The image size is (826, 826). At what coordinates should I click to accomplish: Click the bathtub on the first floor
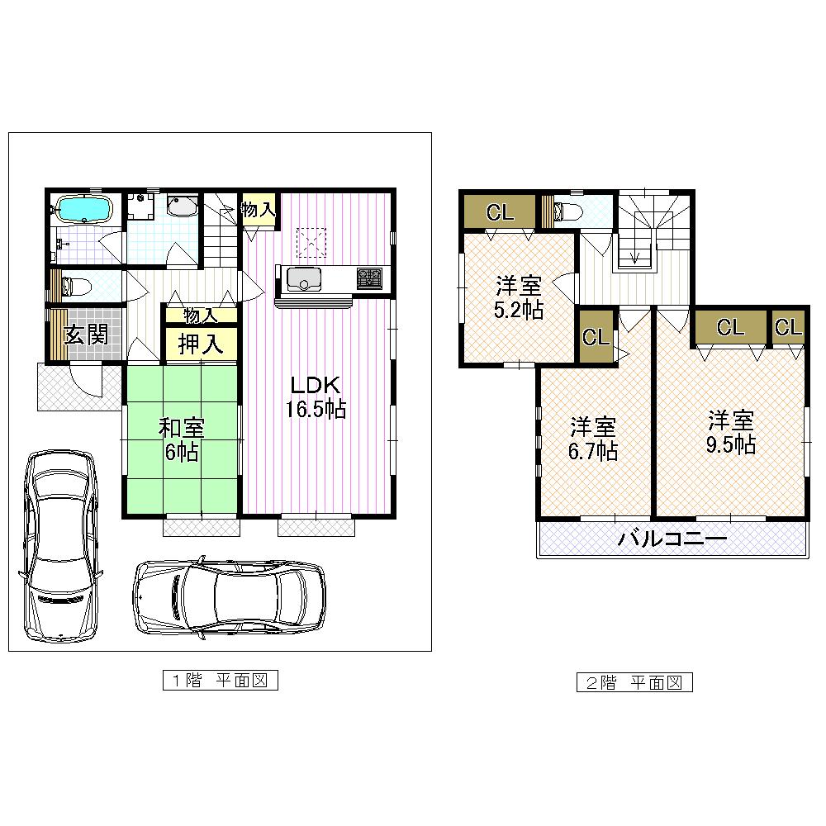(84, 209)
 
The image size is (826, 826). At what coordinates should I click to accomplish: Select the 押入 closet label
(201, 344)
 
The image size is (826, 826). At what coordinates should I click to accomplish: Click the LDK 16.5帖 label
(316, 397)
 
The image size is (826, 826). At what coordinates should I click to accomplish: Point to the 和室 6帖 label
(182, 439)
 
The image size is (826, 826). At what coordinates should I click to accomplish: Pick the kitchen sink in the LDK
(306, 281)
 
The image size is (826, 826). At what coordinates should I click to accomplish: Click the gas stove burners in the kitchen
(369, 278)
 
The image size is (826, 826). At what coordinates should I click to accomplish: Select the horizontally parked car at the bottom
(230, 596)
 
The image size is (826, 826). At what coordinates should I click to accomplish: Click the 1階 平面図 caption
(219, 681)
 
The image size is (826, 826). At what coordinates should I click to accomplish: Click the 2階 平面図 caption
(634, 682)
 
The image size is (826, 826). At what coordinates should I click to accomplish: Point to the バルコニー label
(672, 540)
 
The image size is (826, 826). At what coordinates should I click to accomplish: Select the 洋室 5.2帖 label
(519, 299)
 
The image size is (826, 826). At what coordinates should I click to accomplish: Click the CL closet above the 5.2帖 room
(499, 211)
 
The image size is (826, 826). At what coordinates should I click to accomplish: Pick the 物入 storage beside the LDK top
(258, 211)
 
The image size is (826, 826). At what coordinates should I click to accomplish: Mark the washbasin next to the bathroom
(181, 206)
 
